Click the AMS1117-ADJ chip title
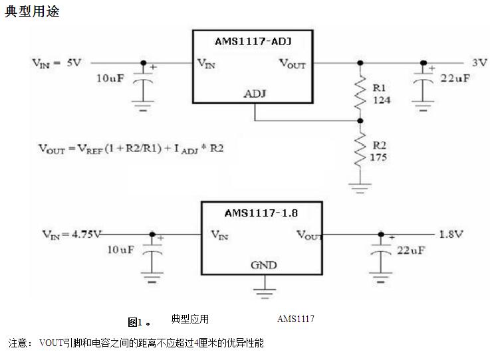pyautogui.click(x=253, y=41)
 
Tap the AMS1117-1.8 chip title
pyautogui.click(x=260, y=214)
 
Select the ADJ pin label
pyautogui.click(x=255, y=93)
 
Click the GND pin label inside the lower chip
pyautogui.click(x=263, y=265)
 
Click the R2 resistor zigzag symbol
pyautogui.click(x=361, y=151)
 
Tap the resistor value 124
pyautogui.click(x=382, y=100)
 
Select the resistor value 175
pyautogui.click(x=380, y=157)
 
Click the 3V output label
pyautogui.click(x=479, y=62)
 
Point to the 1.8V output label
pyautogui.click(x=451, y=234)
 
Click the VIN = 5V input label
pyautogui.click(x=57, y=62)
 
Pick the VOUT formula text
pyautogui.click(x=130, y=149)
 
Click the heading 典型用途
pyautogui.click(x=32, y=11)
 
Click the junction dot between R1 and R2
pyautogui.click(x=361, y=121)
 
